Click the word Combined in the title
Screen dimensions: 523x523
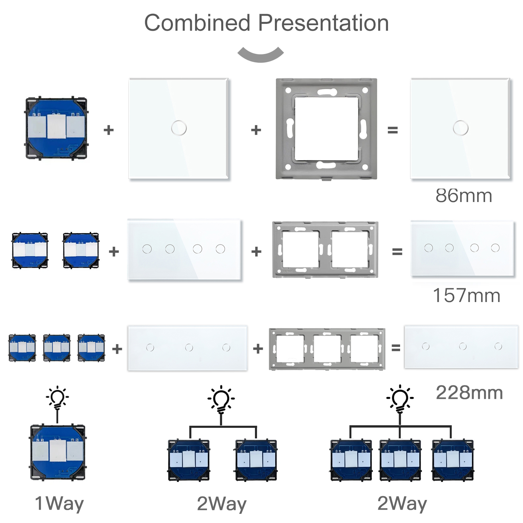(197, 23)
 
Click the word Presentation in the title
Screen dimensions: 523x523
(323, 23)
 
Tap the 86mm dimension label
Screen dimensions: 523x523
(464, 195)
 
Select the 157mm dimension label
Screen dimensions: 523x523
(466, 295)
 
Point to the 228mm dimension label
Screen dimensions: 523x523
(469, 393)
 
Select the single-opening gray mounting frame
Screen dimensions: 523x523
(326, 129)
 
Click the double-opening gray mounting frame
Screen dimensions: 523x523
(325, 250)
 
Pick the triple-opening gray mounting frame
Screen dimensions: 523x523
(327, 349)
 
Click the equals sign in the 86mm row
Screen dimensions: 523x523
(393, 130)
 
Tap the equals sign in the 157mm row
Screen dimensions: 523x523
(397, 252)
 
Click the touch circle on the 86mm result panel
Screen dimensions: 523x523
(461, 128)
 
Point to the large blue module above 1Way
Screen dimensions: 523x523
(58, 452)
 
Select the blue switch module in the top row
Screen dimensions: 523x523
(57, 128)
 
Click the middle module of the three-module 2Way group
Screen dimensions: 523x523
(400, 460)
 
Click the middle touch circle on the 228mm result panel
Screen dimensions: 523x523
(463, 346)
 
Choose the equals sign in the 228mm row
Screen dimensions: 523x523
(396, 348)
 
